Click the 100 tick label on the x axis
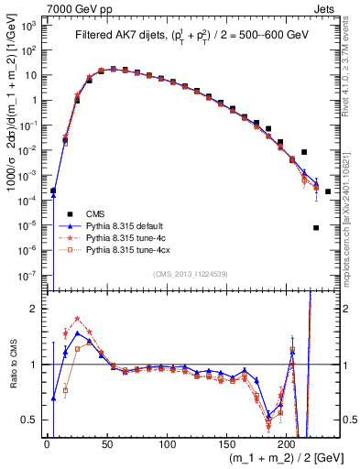coord(167,444)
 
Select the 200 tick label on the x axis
coord(287,444)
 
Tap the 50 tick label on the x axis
coord(106,444)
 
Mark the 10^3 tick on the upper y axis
coord(32,26)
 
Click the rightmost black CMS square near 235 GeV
coord(328,191)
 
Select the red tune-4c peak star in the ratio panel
coord(77,319)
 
